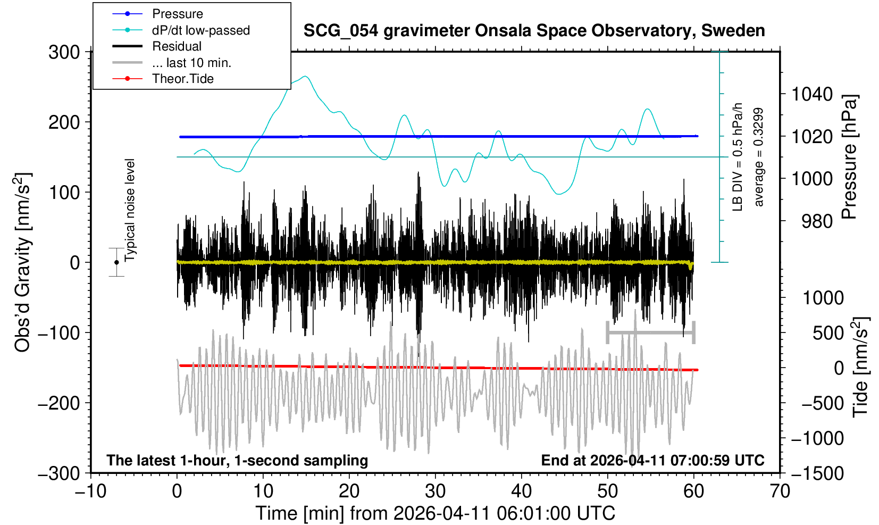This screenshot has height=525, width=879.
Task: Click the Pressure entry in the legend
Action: (178, 14)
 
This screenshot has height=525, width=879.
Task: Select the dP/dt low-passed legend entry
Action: (200, 30)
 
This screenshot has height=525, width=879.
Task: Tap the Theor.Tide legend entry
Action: (182, 79)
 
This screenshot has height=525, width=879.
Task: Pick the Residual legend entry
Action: (177, 46)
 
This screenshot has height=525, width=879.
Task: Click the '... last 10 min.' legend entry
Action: (191, 63)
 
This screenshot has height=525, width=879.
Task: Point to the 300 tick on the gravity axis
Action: (64, 52)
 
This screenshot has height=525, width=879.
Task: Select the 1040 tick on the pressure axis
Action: (812, 95)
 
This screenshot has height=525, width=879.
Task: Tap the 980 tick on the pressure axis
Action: (817, 221)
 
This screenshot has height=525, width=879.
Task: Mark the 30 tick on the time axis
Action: (436, 490)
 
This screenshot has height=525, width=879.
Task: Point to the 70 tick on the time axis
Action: (780, 490)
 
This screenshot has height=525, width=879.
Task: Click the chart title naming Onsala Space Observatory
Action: (534, 31)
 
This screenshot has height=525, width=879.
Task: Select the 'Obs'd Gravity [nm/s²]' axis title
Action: (23, 262)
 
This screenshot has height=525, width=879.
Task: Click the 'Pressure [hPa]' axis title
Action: (850, 157)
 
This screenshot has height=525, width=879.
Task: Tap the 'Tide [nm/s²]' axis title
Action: (861, 367)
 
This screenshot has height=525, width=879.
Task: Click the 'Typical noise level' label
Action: (130, 210)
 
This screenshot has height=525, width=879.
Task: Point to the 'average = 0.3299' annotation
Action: (759, 157)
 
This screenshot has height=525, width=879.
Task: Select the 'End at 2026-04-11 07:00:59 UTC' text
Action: (652, 460)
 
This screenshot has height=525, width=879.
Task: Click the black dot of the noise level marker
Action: (116, 262)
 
